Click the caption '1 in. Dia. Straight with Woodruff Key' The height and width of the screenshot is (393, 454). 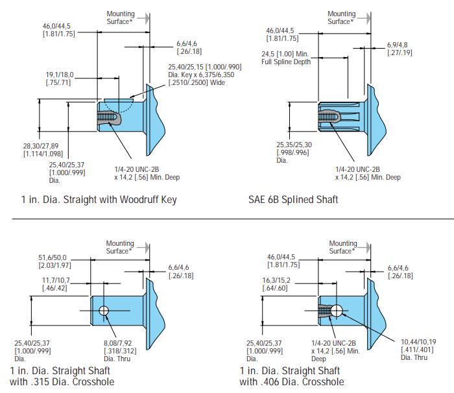(99, 199)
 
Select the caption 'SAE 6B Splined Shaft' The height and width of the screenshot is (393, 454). (293, 199)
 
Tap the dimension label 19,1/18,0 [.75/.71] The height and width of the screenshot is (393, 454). (60, 78)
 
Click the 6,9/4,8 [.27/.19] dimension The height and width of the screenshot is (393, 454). (400, 48)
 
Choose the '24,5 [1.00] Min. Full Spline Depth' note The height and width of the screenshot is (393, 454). (286, 58)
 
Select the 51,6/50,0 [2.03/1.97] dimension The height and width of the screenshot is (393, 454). (56, 261)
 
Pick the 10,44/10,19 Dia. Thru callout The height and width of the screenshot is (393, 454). (418, 349)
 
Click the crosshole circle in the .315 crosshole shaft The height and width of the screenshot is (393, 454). (104, 312)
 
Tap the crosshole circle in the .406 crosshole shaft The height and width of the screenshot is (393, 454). (337, 311)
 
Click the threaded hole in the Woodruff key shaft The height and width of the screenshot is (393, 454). (107, 119)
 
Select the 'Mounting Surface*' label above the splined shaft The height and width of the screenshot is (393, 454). (341, 18)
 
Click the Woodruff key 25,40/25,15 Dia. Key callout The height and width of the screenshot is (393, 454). (205, 75)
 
